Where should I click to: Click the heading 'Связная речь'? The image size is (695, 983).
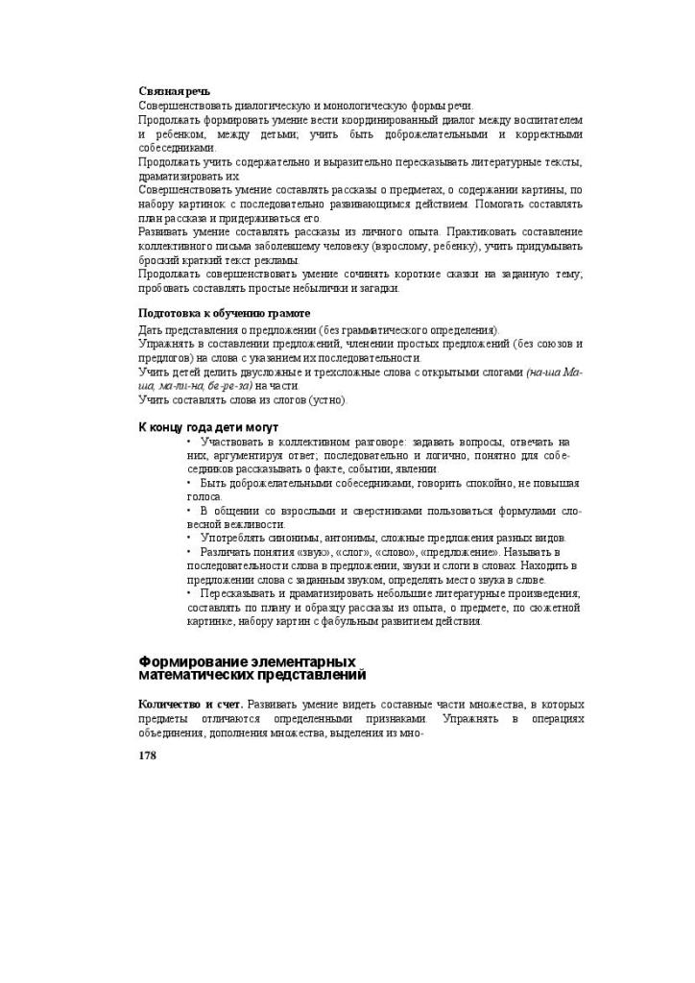pos(175,91)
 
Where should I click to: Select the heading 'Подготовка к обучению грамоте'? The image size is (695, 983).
pos(224,314)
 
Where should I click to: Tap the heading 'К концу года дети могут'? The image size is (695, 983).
pos(208,426)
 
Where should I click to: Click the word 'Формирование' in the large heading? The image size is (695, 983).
pos(191,662)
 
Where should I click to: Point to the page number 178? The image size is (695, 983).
pos(148,755)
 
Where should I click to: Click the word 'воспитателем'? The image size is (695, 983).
pos(544,120)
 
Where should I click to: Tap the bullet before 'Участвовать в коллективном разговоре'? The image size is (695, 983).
pos(190,441)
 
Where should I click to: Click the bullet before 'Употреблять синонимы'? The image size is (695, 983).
pos(190,538)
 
